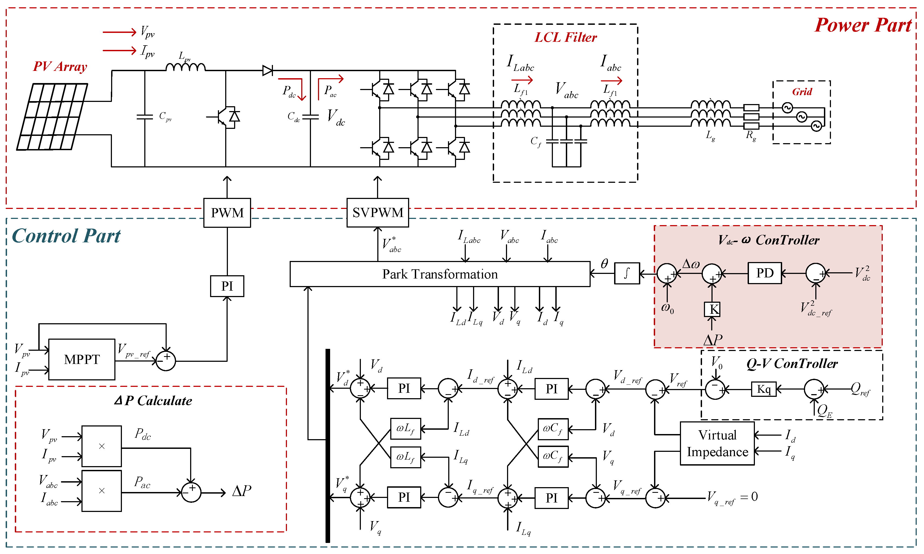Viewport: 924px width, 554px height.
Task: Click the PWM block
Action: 227,213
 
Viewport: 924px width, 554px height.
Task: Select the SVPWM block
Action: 378,212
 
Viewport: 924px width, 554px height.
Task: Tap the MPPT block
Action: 82,360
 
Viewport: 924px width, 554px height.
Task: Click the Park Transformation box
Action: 440,274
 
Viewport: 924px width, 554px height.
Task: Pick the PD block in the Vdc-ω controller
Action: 765,273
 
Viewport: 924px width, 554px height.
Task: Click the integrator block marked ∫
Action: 627,273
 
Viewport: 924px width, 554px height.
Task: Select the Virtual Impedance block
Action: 717,443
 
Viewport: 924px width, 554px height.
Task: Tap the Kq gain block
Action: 764,389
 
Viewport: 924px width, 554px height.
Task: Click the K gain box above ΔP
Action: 712,309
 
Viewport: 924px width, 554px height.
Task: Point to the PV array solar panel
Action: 52,116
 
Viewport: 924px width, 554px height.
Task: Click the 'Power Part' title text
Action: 863,25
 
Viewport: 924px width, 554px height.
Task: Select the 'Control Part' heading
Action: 66,236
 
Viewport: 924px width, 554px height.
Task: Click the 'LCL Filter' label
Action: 566,37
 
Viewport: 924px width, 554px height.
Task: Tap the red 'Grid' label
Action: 802,91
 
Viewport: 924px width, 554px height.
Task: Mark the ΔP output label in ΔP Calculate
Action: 242,491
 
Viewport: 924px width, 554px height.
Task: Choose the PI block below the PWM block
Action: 227,286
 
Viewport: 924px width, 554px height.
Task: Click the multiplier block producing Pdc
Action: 102,446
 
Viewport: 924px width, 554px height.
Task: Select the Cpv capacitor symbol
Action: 145,117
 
